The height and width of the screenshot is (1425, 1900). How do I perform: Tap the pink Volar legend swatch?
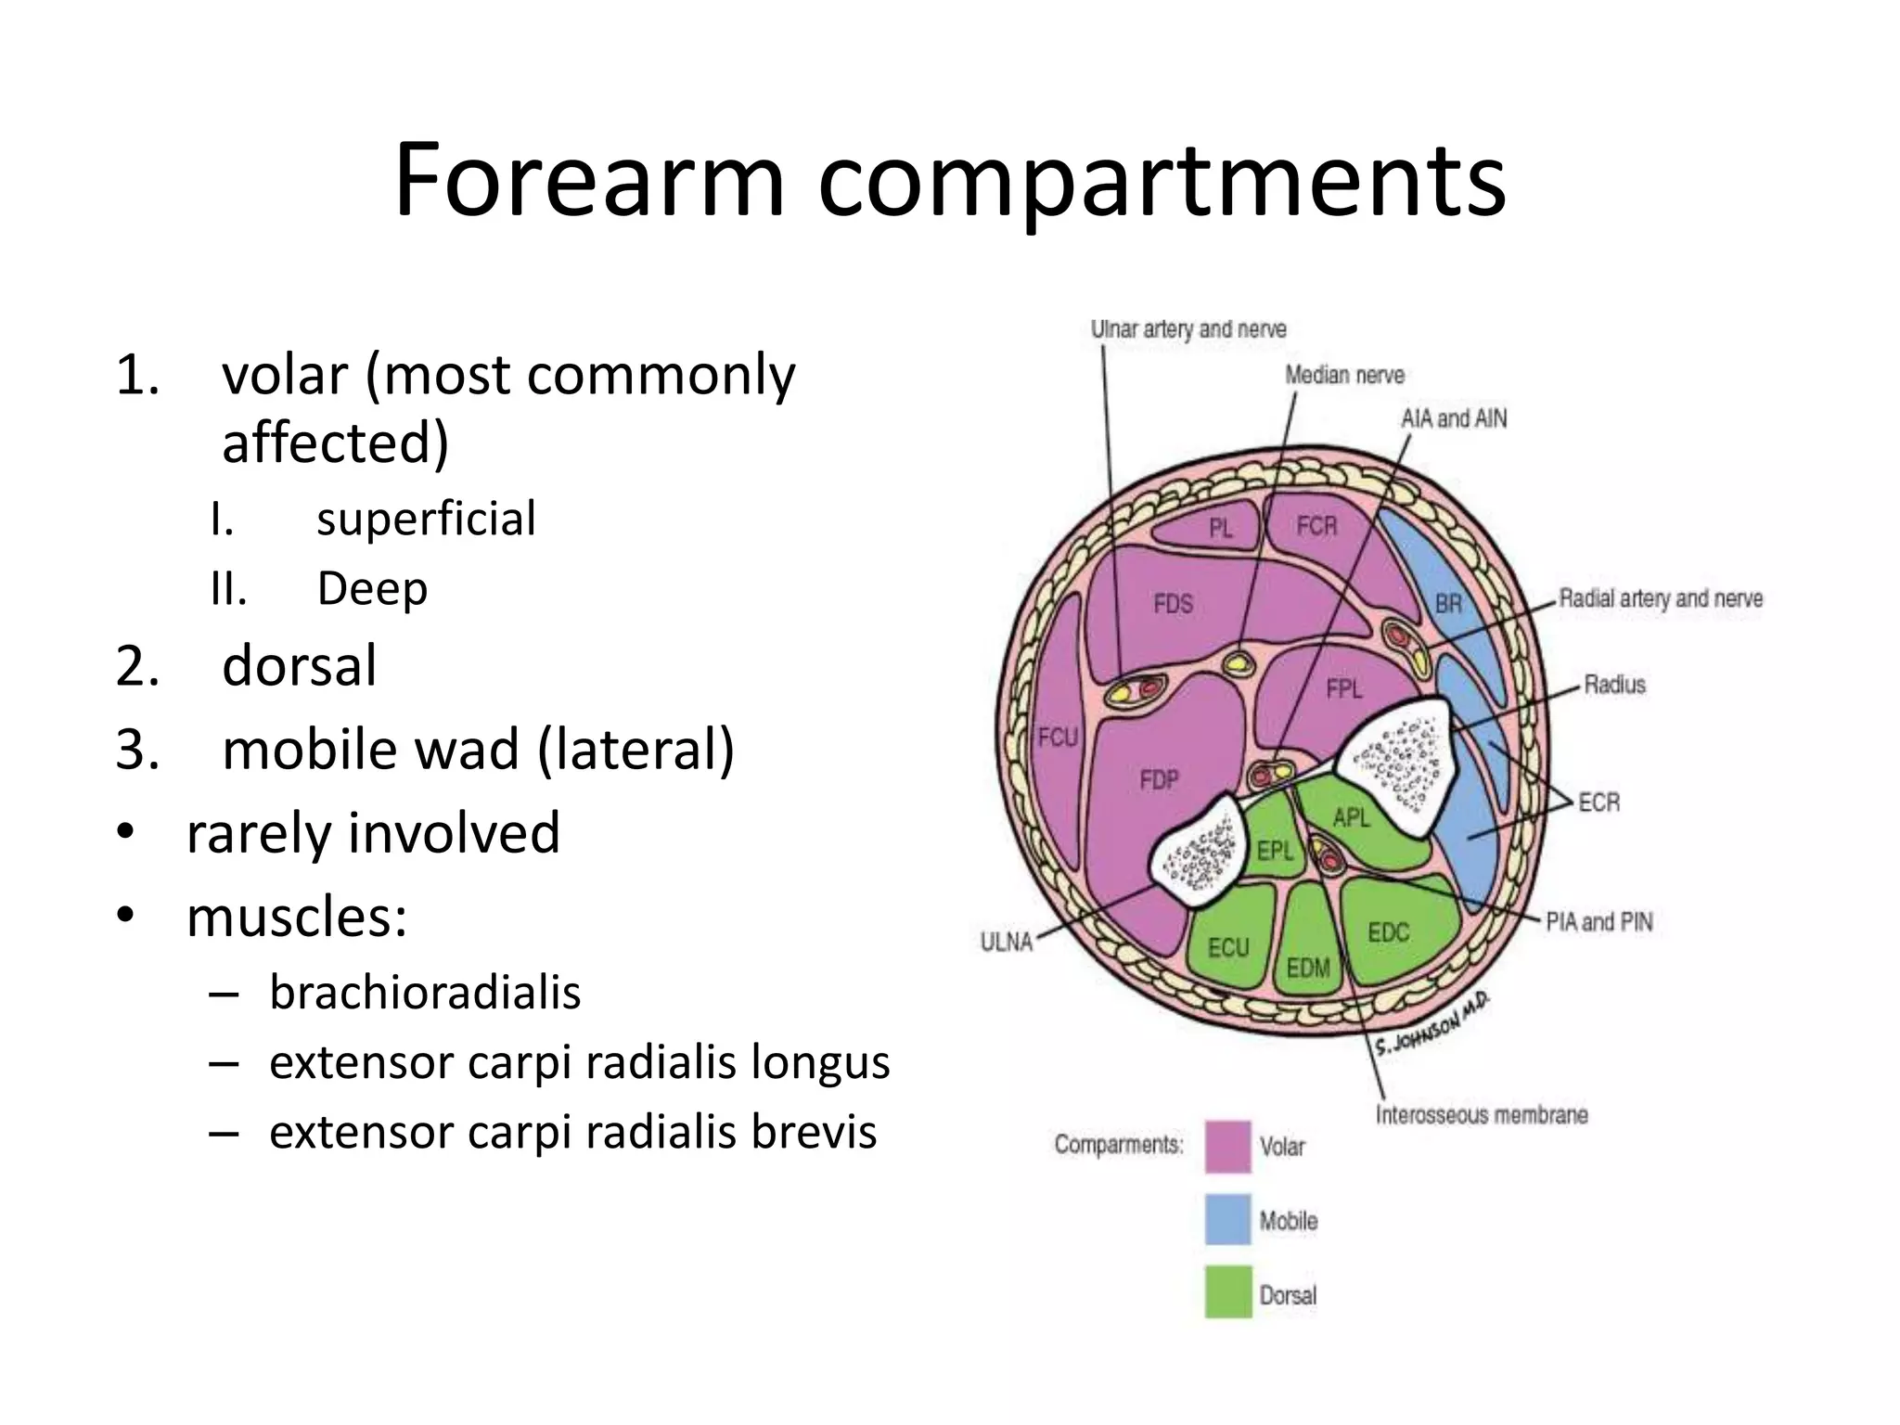[1227, 1147]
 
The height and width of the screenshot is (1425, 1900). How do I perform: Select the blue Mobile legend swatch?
[1227, 1220]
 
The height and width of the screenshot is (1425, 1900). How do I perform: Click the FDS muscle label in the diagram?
[1173, 604]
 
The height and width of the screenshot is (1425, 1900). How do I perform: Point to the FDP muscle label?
[1159, 780]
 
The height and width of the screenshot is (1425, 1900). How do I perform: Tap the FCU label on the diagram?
[1058, 738]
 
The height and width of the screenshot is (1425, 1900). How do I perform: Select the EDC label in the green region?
[1388, 932]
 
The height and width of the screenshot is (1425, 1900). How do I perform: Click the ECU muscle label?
[1228, 947]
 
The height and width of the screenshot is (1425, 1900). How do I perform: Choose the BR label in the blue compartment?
[1448, 604]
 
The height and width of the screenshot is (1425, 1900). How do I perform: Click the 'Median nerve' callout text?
[1344, 375]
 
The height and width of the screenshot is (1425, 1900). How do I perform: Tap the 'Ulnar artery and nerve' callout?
[1188, 329]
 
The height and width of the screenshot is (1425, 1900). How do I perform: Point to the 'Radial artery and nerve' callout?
[1661, 598]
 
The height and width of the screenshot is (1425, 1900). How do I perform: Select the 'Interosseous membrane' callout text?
[1482, 1114]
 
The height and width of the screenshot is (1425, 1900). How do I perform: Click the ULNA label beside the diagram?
[1007, 942]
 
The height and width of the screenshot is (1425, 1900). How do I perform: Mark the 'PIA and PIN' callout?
[1599, 921]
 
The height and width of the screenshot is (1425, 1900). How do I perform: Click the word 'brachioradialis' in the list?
[425, 992]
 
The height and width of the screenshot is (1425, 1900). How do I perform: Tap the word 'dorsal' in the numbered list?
[299, 665]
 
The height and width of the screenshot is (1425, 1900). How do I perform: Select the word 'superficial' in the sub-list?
[426, 518]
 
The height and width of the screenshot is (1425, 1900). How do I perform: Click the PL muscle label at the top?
[1221, 529]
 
